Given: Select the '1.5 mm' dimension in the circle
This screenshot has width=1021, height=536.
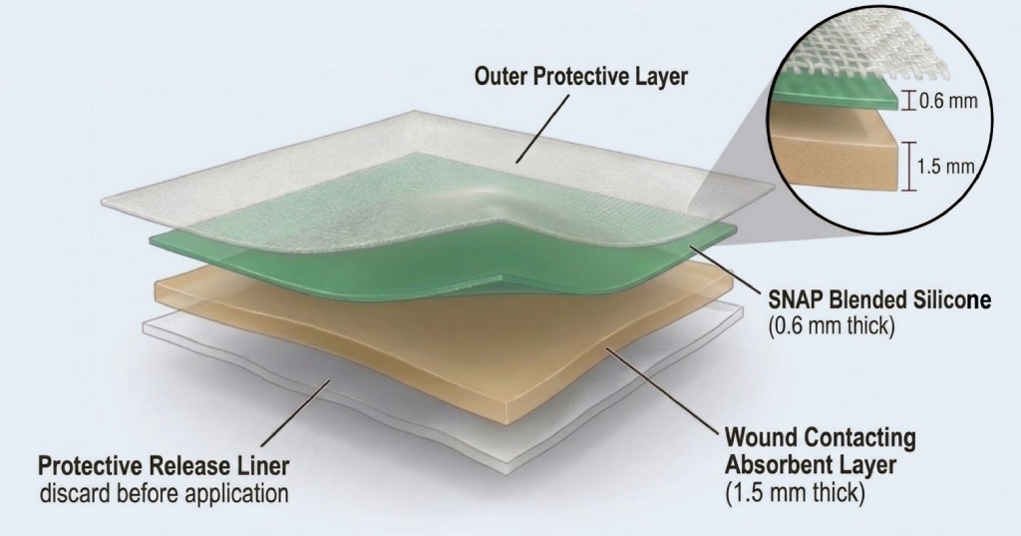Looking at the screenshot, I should point(943,166).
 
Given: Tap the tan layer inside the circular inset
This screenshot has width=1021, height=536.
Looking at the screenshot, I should point(838,150).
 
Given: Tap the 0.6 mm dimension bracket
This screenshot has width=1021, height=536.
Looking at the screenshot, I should point(907,99).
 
